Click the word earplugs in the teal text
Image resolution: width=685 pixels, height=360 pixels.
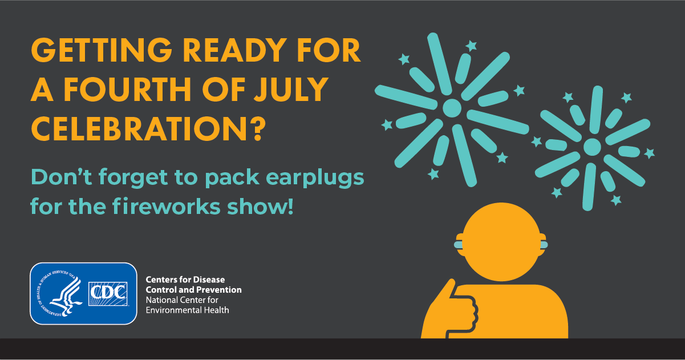point(315,179)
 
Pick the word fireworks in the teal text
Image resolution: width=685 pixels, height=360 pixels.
point(167,207)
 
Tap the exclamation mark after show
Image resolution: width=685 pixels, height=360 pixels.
point(290,207)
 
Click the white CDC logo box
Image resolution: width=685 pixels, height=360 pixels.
point(108,294)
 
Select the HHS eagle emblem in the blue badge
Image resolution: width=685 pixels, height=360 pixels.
point(60,294)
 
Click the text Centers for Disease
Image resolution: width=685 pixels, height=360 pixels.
point(185,280)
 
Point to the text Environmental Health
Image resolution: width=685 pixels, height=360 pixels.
point(187,310)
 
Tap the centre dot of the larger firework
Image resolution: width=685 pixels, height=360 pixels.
point(452,108)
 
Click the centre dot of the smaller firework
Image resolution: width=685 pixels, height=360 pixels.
point(592,147)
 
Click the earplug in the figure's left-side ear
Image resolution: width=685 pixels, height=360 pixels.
point(458,245)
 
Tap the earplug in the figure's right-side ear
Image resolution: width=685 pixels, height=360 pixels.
point(544,245)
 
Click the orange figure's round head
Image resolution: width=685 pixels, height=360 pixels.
point(501,242)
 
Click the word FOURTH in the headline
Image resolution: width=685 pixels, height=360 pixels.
point(127,89)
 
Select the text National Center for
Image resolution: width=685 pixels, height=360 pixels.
point(182,300)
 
